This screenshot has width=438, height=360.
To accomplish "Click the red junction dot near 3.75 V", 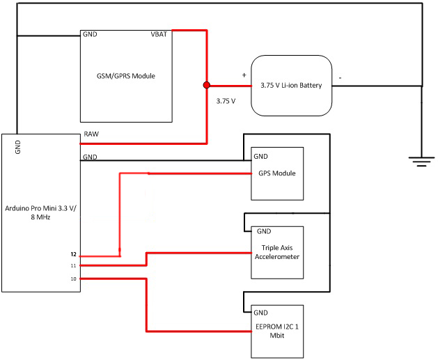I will (206, 85).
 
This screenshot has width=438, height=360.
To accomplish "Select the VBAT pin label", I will (159, 34).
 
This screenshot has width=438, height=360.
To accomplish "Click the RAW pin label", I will (91, 134).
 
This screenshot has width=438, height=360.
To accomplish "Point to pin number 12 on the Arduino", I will (73, 255).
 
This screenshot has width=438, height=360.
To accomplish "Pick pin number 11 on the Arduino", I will (73, 265).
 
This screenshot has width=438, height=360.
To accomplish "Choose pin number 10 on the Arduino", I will (73, 279).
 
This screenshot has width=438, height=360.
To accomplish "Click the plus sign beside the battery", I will (244, 75).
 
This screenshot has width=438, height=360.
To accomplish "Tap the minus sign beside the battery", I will (340, 78).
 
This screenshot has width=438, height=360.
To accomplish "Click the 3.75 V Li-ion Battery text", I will (291, 86).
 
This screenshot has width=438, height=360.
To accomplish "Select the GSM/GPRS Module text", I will (125, 76).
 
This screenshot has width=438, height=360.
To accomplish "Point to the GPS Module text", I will (277, 173).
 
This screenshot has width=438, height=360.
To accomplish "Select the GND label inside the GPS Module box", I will (260, 157).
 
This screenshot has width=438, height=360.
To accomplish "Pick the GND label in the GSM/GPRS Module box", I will (90, 34).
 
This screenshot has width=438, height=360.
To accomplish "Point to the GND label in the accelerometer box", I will (264, 231).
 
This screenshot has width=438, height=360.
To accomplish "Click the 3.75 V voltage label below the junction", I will (226, 101).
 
